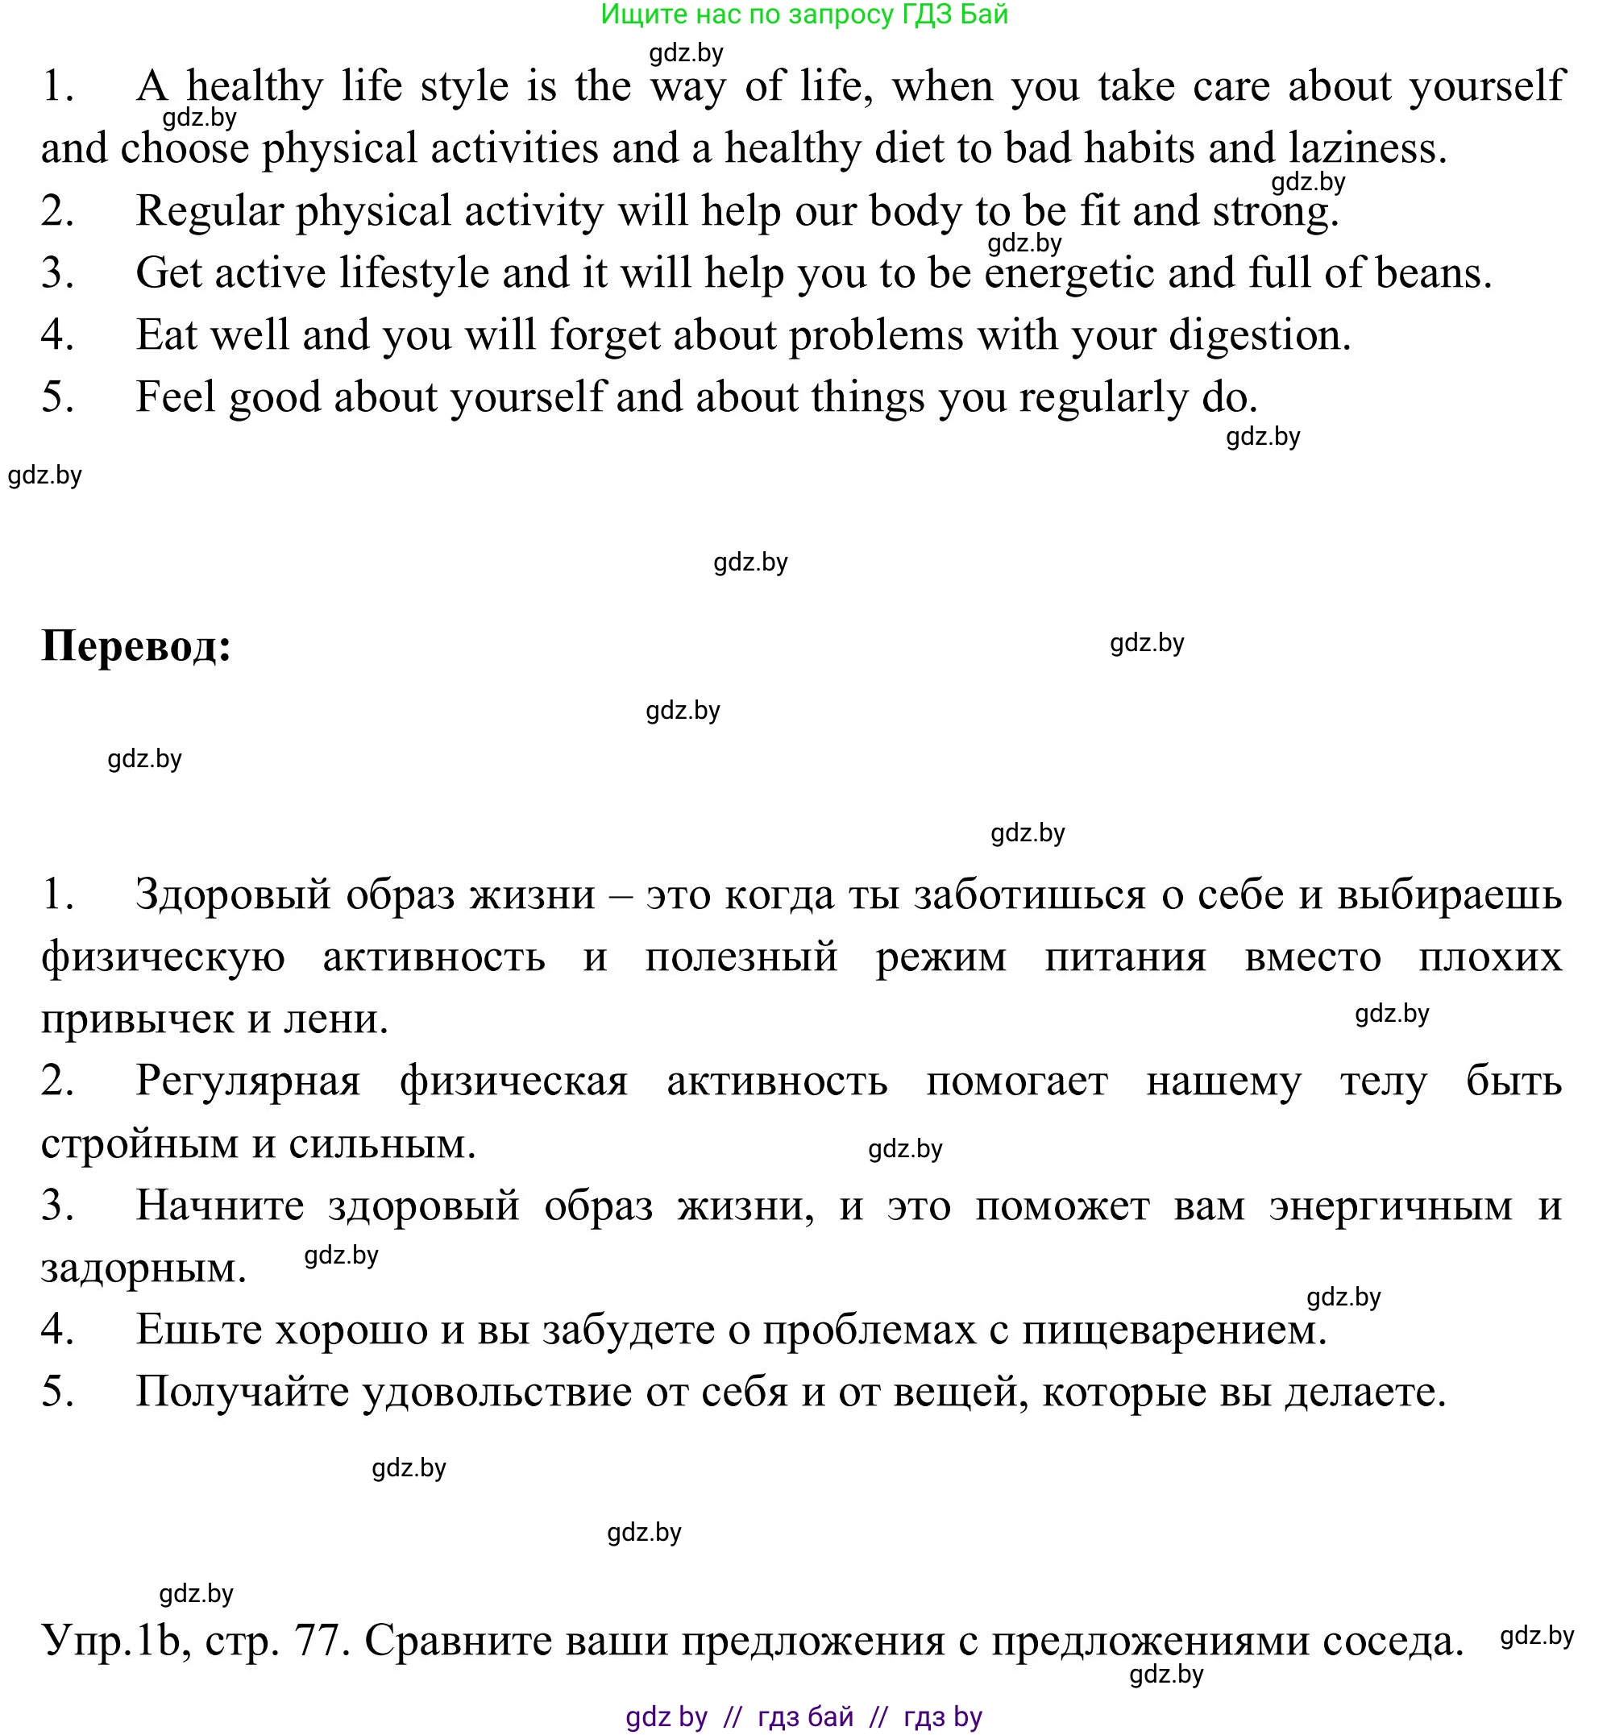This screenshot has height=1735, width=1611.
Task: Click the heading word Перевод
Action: pyautogui.click(x=136, y=648)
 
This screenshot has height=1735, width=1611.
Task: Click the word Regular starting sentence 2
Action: pyautogui.click(x=210, y=212)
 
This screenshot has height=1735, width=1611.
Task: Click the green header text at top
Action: pyautogui.click(x=803, y=14)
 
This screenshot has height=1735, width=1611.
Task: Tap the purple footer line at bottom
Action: pyautogui.click(x=803, y=1716)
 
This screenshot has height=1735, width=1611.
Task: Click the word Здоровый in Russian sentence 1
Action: pyautogui.click(x=233, y=894)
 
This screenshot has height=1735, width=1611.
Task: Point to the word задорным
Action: pyautogui.click(x=143, y=1268)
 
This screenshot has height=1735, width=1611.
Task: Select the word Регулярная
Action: pyautogui.click(x=248, y=1082)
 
